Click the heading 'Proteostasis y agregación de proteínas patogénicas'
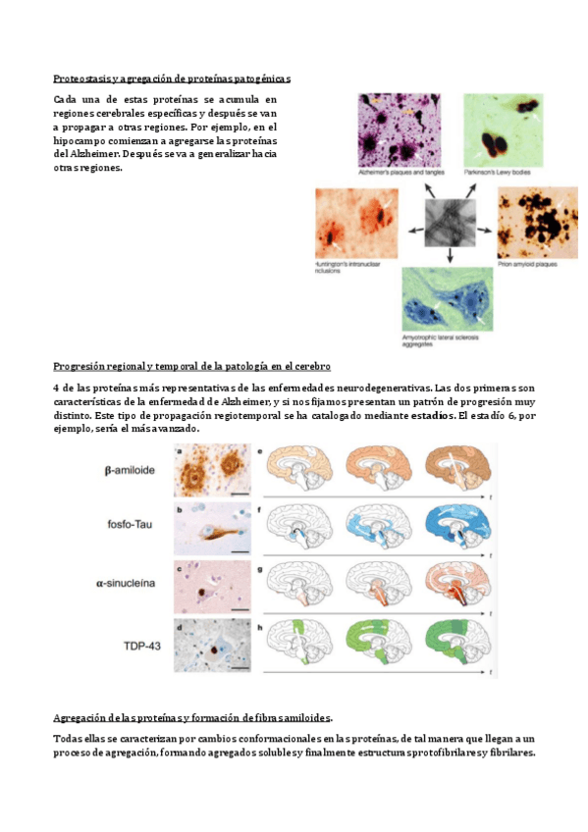click(x=172, y=78)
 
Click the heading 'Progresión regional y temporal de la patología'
click(x=191, y=366)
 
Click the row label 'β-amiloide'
click(x=133, y=470)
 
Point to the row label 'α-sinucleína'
click(x=131, y=583)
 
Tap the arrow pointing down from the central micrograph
click(x=451, y=255)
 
